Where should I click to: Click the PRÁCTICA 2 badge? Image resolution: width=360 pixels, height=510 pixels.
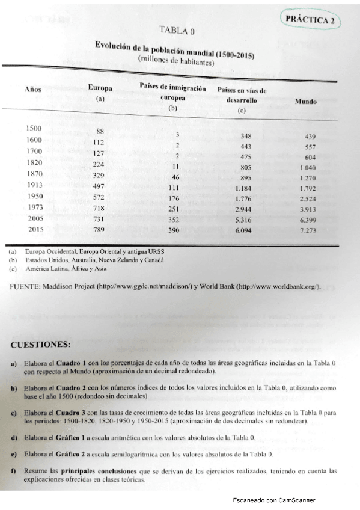coord(310,19)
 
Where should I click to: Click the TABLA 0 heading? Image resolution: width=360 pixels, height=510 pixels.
coord(177,29)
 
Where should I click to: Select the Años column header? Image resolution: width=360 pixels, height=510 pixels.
coord(32,88)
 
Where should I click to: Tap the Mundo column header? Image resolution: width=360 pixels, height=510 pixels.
coord(306,102)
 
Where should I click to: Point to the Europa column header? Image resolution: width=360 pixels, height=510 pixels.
coord(100,88)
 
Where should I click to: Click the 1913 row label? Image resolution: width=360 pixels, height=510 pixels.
coord(35,185)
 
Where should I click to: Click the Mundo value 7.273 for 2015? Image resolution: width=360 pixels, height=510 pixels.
coord(307,231)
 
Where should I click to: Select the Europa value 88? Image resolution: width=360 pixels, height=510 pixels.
coord(100,131)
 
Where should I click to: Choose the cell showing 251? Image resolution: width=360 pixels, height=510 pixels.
coord(175,208)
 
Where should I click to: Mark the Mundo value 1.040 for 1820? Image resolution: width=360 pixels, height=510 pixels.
coord(307,167)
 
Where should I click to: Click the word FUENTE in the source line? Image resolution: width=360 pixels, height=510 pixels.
coord(24,286)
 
